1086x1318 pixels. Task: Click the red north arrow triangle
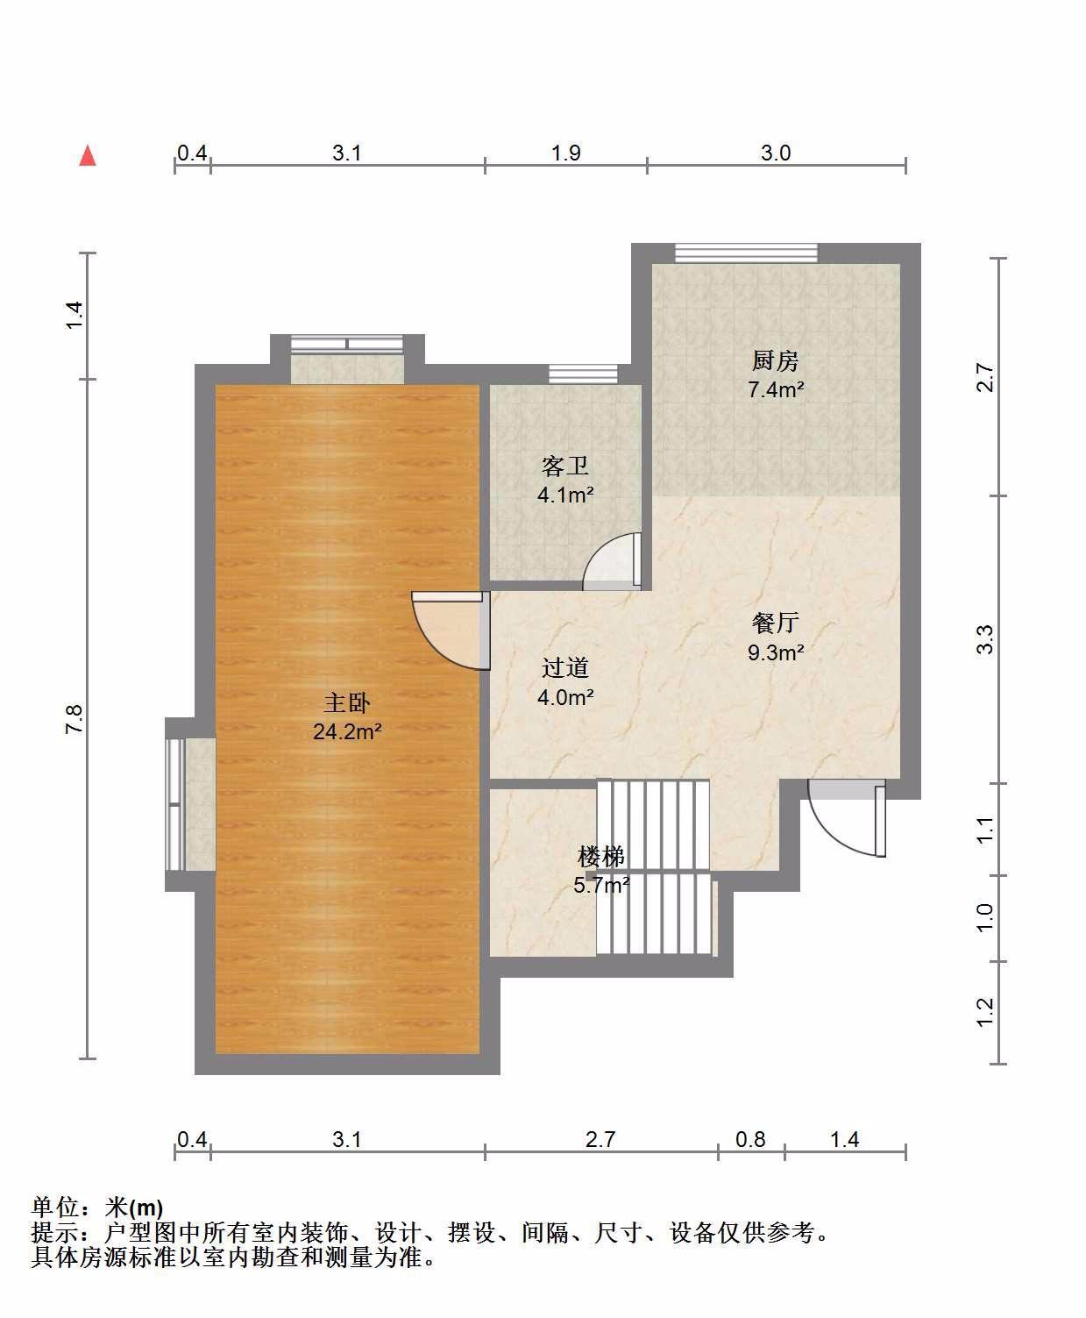click(x=88, y=156)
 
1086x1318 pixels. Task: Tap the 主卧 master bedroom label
click(x=346, y=702)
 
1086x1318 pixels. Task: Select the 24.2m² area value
click(x=347, y=731)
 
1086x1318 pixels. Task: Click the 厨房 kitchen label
click(x=775, y=361)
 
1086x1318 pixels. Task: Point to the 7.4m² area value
click(x=776, y=389)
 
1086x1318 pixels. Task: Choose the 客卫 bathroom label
click(x=564, y=467)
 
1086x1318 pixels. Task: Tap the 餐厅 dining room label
click(x=776, y=623)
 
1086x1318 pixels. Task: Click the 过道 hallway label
click(x=564, y=668)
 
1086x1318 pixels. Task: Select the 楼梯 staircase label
click(x=600, y=857)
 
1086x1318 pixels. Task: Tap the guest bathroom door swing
click(x=612, y=562)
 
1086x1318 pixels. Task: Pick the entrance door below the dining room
click(x=847, y=818)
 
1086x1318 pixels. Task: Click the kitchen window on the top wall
click(x=747, y=253)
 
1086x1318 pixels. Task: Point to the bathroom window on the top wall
click(x=582, y=374)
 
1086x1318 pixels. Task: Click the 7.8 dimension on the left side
click(x=75, y=719)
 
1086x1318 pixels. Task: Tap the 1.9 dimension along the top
click(x=566, y=153)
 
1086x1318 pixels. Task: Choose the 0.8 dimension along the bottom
click(x=750, y=1139)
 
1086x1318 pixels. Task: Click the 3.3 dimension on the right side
click(x=985, y=639)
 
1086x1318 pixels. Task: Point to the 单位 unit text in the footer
click(x=55, y=1208)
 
